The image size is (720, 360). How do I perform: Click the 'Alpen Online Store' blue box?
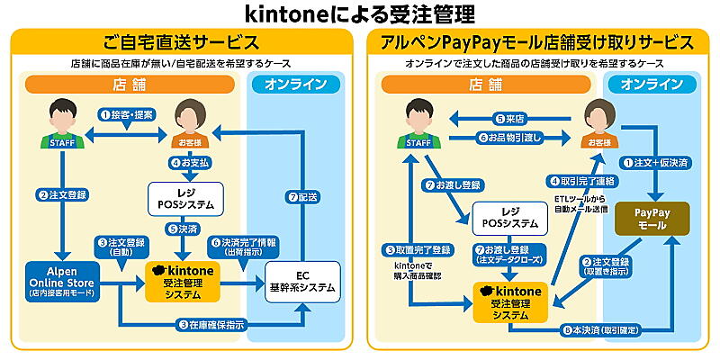click(62, 280)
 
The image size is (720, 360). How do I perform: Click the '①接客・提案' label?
click(127, 115)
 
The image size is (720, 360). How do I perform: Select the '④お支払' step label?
click(192, 164)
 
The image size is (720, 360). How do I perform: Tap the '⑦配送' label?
click(303, 196)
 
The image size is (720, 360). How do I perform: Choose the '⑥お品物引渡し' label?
click(514, 138)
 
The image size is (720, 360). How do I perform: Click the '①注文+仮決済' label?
click(656, 162)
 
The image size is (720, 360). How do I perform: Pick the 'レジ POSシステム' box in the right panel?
click(509, 217)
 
